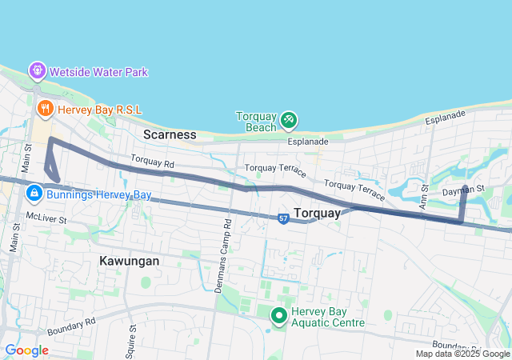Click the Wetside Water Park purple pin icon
pos(38,71)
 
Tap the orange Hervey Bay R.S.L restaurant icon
pos(45,107)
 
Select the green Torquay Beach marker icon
pos(289,121)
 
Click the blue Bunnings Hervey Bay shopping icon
pos(34,194)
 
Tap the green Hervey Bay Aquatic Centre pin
pos(279,317)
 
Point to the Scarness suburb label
pos(170,134)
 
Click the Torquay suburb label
pos(319,213)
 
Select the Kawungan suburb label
pos(130,261)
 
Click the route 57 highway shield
pos(284,218)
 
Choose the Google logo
pos(26,350)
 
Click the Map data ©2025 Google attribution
pos(462,354)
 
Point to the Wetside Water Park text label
pos(99,72)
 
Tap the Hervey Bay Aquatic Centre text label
pos(328,317)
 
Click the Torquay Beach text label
pos(256,122)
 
